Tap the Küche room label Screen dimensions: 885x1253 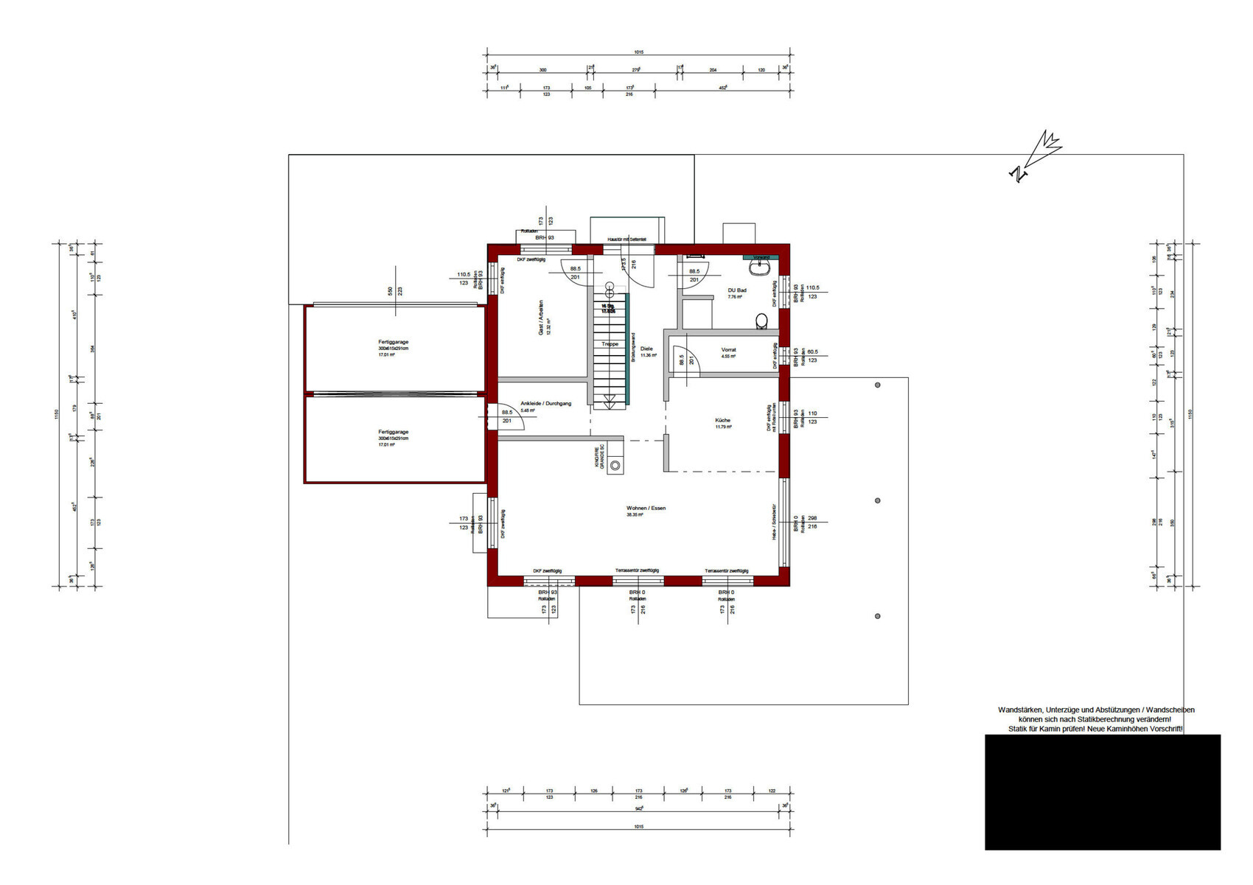[722, 420]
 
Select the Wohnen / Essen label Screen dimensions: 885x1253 [646, 508]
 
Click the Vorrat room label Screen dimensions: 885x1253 [728, 349]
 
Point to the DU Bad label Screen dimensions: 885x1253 [736, 290]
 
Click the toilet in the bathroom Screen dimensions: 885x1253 [761, 321]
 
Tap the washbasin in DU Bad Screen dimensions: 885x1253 [760, 265]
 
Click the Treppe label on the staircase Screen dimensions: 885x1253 [610, 344]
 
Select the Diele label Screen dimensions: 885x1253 [646, 349]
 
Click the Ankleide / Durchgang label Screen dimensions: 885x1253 [545, 403]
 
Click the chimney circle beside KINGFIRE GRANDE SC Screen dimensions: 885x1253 [615, 466]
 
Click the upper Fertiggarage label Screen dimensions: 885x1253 [393, 342]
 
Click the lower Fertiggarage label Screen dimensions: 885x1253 [393, 432]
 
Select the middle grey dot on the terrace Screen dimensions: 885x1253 [877, 500]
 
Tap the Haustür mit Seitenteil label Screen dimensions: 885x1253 [626, 240]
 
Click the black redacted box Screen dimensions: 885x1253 [1102, 791]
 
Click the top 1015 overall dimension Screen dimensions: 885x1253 [638, 52]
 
